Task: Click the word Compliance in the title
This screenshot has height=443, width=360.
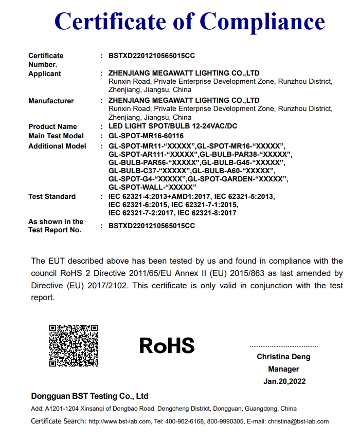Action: (x=262, y=22)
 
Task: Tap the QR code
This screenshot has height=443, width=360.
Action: (x=73, y=345)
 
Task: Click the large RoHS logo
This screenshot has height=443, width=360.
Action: (x=167, y=345)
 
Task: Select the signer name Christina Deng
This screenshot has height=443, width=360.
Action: (x=283, y=357)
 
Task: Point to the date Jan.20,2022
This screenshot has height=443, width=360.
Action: (x=284, y=381)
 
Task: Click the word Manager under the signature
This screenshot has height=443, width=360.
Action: (x=283, y=369)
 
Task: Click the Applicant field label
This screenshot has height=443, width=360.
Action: (x=45, y=73)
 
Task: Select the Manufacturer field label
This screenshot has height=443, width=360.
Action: (x=51, y=101)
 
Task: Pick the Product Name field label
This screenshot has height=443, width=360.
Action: (x=52, y=126)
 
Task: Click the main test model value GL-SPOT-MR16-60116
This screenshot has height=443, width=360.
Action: (x=146, y=136)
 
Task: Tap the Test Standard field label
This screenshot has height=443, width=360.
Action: (x=52, y=196)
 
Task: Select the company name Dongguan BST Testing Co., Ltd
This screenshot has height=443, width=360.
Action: (x=89, y=396)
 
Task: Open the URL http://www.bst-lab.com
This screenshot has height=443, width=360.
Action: (x=119, y=422)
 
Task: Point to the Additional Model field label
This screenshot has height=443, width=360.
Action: (x=57, y=146)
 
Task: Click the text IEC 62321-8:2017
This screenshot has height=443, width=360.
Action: (x=207, y=213)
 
